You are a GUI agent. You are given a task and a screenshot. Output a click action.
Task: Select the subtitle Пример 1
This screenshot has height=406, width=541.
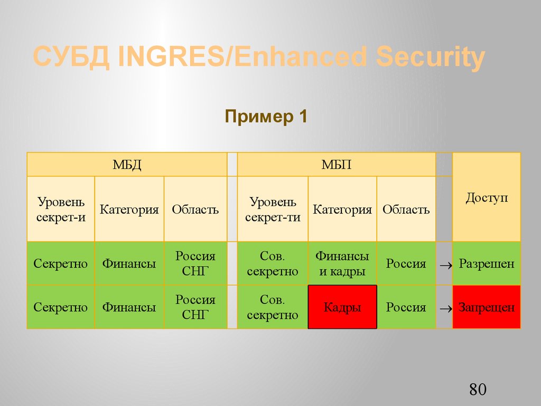coord(266,116)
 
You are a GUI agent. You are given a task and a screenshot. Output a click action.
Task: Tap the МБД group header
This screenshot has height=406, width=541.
coord(127,164)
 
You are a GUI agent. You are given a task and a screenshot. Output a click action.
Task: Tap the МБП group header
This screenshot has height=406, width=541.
coord(337,164)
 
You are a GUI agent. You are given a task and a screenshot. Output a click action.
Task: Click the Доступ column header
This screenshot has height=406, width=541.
coord(487,198)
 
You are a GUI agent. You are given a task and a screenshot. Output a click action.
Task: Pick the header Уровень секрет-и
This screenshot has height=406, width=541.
coord(61,209)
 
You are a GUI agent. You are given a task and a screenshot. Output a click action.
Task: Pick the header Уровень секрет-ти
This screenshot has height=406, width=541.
coord(273,209)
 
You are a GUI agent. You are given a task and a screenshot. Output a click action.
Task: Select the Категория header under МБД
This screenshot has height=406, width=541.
coord(129,209)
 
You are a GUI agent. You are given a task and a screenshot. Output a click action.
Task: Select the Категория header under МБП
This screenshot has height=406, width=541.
coord(342,209)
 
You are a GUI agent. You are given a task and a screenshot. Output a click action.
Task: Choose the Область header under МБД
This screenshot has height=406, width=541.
coord(195,209)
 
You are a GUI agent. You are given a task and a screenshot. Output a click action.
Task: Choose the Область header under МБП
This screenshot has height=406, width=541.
coord(406,209)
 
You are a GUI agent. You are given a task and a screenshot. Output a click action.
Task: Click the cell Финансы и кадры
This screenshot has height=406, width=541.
coord(342,264)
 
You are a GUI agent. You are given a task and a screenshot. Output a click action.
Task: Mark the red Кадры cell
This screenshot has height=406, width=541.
coord(342,307)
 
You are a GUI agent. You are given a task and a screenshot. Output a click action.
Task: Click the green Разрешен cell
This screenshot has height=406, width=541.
coord(487,264)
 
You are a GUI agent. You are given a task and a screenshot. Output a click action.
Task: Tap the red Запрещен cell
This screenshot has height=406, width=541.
coord(487,307)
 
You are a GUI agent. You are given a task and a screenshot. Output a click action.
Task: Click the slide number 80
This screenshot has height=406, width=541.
coord(477,390)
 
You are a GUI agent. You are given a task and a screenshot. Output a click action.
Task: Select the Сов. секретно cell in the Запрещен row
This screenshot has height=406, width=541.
coord(273,307)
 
